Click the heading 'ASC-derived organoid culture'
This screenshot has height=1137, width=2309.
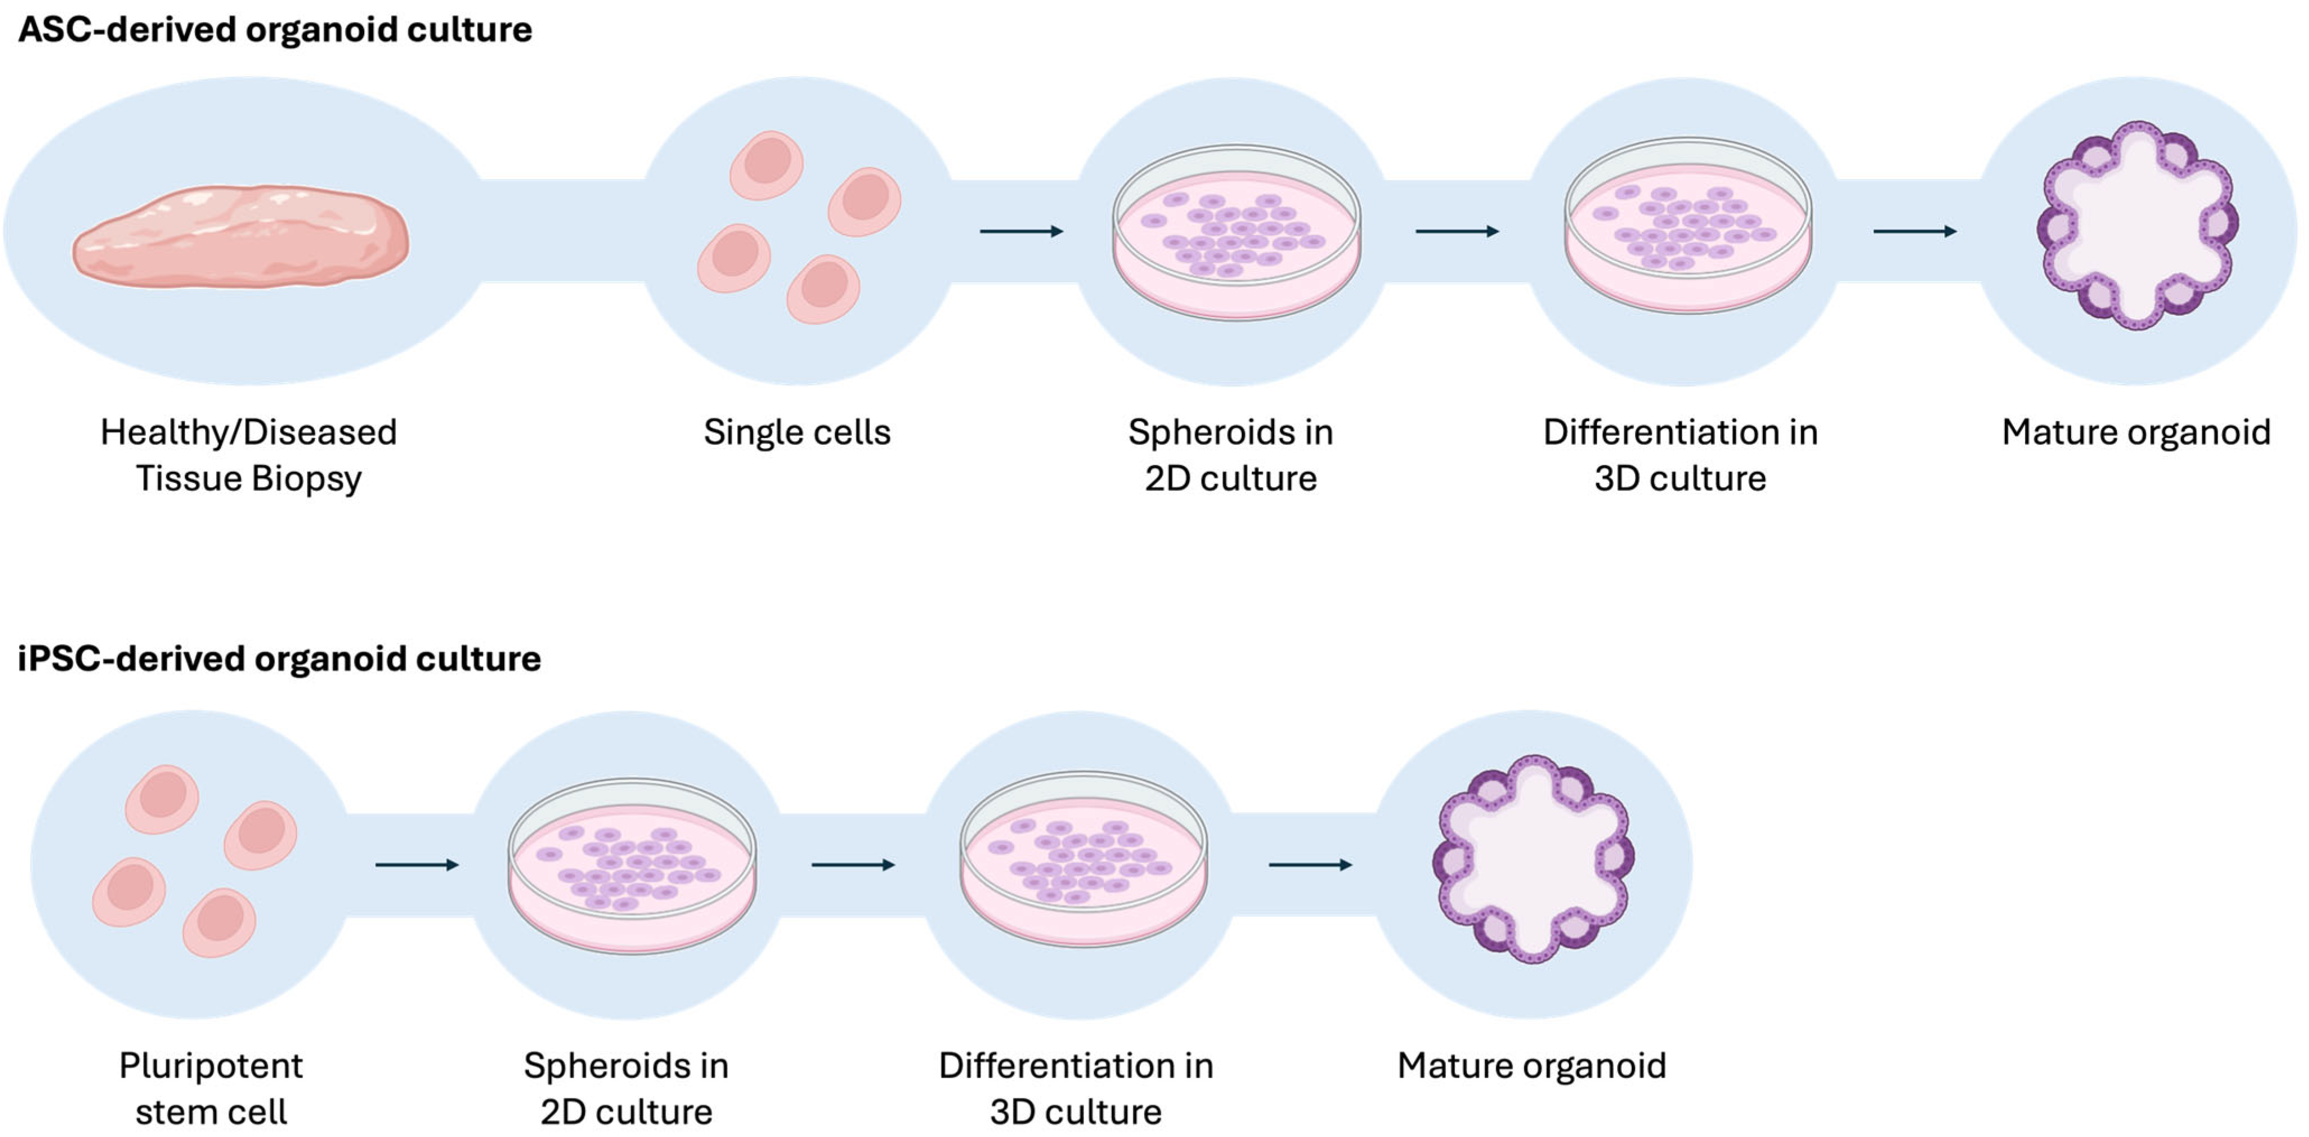tap(274, 30)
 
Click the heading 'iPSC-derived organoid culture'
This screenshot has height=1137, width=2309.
tap(279, 659)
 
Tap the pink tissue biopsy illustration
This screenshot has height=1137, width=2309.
tap(240, 236)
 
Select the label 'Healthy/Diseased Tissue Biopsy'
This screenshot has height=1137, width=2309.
tap(248, 455)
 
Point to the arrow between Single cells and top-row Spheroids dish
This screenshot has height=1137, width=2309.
tap(1021, 231)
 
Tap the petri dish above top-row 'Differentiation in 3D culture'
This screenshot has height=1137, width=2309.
tap(1688, 226)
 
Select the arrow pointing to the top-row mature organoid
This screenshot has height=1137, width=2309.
tap(1915, 231)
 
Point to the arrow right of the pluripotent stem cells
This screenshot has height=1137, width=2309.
tap(417, 865)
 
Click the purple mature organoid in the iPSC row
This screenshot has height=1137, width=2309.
tap(1533, 860)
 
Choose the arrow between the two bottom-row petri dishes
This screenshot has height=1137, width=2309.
tap(853, 865)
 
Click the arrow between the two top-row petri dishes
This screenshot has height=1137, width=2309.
tap(1456, 231)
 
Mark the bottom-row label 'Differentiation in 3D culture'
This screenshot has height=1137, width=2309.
tap(1076, 1089)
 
